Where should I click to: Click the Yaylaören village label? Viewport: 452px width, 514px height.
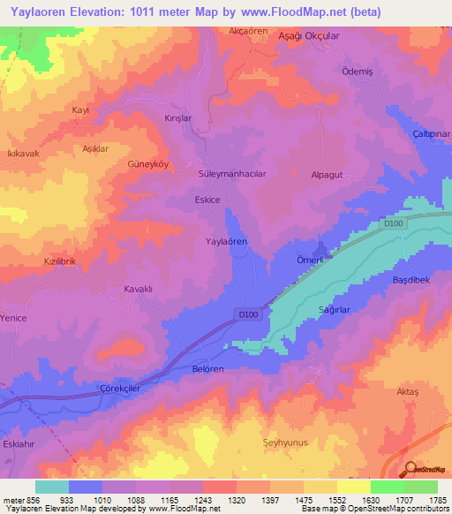point(225,241)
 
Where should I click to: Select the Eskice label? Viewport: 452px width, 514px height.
point(207,200)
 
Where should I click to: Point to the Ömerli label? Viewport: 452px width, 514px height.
point(311,259)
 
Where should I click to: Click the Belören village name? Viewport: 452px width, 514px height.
point(208,370)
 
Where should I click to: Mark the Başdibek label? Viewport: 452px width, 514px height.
point(410,280)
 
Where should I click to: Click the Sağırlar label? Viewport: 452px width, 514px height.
point(335,310)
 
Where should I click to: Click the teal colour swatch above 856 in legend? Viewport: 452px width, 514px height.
point(52,487)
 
